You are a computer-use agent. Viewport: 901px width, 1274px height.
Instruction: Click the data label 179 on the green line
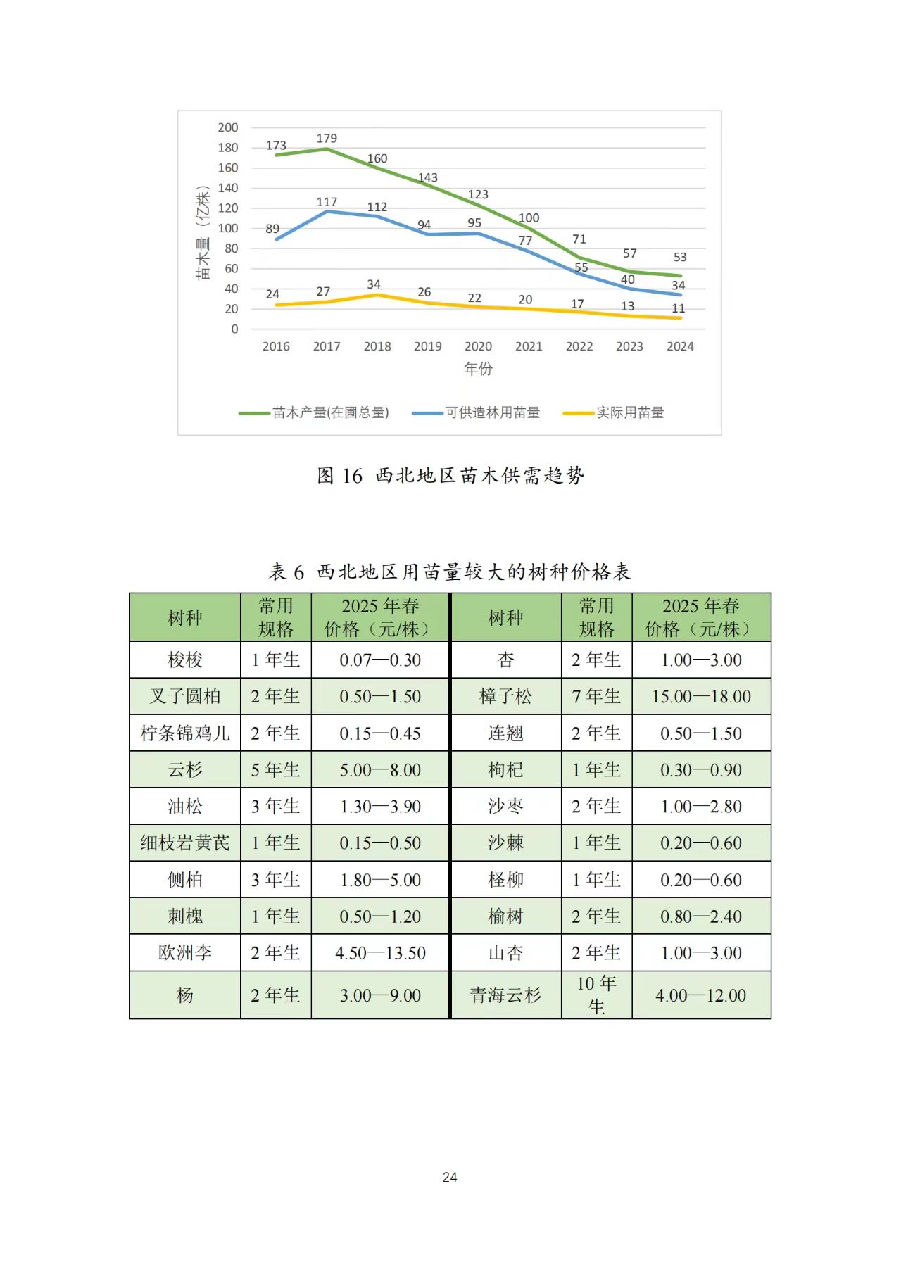(x=327, y=138)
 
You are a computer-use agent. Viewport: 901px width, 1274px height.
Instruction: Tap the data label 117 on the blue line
(x=327, y=202)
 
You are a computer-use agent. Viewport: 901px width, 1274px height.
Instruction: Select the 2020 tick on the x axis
(x=478, y=346)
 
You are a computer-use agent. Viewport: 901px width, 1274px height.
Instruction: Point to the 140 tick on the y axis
(x=228, y=188)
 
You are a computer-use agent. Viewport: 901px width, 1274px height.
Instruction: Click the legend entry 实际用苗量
(x=629, y=412)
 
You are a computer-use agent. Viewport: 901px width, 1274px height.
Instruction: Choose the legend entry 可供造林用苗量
(x=492, y=412)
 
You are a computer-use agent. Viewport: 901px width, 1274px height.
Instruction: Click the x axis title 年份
(x=478, y=368)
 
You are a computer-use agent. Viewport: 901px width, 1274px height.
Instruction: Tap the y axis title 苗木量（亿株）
(x=203, y=233)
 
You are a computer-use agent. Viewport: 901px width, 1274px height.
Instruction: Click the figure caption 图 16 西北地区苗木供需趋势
(x=450, y=476)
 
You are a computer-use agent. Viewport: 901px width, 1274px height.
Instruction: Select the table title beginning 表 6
(x=450, y=572)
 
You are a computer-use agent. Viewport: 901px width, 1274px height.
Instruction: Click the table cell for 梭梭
(x=185, y=660)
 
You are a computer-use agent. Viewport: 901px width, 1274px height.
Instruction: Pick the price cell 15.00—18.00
(x=701, y=696)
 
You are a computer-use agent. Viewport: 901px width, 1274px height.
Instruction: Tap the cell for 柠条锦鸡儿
(x=185, y=733)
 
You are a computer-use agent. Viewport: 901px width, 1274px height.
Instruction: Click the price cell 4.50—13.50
(x=380, y=953)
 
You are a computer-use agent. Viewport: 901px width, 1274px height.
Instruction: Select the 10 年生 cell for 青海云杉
(x=596, y=995)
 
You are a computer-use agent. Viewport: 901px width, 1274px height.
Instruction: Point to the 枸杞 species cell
(x=505, y=770)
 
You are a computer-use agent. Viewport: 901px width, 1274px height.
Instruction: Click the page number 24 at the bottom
(x=450, y=1177)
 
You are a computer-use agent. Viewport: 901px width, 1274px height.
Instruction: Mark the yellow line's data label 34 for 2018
(x=374, y=284)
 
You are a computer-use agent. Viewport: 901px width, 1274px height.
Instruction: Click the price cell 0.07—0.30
(x=380, y=660)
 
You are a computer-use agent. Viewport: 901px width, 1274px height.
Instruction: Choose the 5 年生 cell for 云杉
(x=275, y=770)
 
